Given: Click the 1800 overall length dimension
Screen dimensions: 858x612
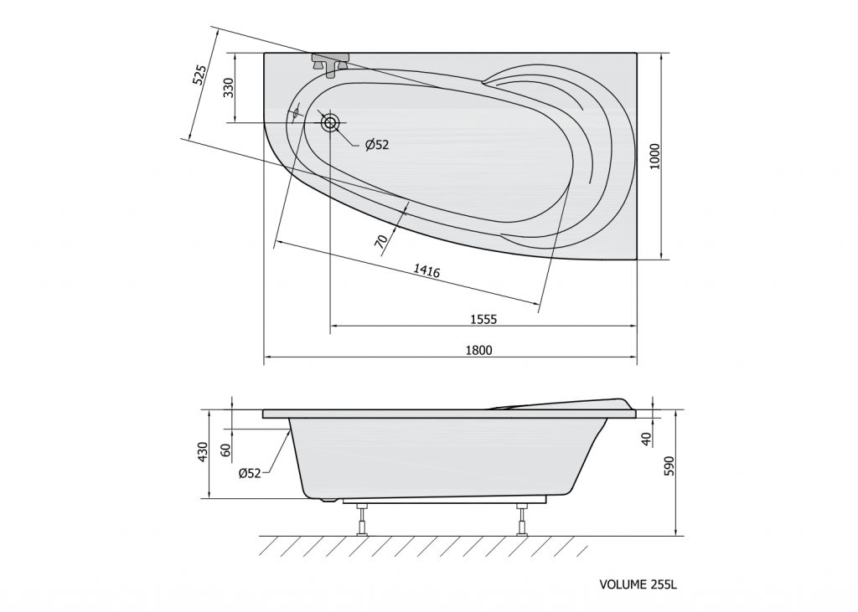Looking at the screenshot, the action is coord(478,350).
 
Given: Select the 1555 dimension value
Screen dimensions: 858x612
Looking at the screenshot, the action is coord(483,319).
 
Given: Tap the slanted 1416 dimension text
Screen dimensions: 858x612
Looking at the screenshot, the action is coord(426,270).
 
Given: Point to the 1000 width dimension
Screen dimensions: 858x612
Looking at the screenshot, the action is coord(655,156).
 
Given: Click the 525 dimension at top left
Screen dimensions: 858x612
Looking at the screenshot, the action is coord(199,75).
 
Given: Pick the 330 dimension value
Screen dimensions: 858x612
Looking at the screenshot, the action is coord(228,88).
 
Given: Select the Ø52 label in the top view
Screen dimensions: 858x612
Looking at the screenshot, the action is coord(377,144).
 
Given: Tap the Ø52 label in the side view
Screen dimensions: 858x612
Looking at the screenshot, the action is coord(250,473).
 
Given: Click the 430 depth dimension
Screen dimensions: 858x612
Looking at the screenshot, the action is coord(203,452).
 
